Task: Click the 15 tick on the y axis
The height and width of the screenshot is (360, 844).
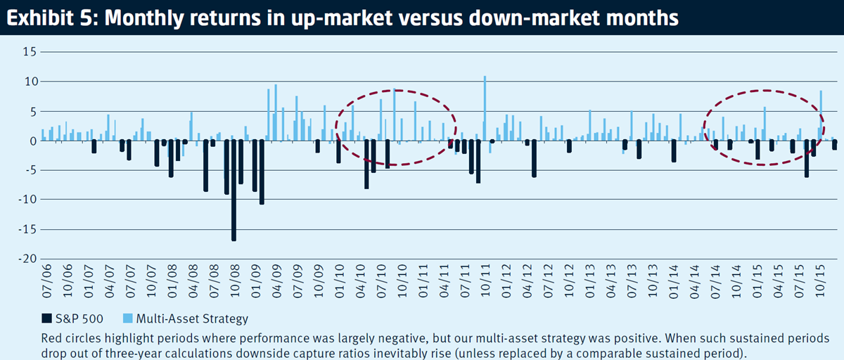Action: pyautogui.click(x=30, y=51)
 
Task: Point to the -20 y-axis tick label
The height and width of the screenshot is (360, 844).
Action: pyautogui.click(x=27, y=259)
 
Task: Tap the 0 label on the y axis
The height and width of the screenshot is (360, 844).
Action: pyautogui.click(x=33, y=141)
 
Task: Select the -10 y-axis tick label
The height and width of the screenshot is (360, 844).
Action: pyautogui.click(x=27, y=199)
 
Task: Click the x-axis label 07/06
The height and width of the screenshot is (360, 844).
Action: pyautogui.click(x=46, y=281)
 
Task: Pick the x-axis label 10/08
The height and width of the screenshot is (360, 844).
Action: pyautogui.click(x=235, y=281)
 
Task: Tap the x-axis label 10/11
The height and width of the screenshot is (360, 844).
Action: pyautogui.click(x=486, y=281)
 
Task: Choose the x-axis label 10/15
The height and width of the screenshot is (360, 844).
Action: pyautogui.click(x=821, y=281)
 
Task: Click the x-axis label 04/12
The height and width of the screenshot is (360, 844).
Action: pyautogui.click(x=528, y=281)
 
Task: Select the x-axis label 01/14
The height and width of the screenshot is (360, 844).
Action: pyautogui.click(x=674, y=281)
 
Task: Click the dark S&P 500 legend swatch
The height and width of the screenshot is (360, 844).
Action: pyautogui.click(x=46, y=319)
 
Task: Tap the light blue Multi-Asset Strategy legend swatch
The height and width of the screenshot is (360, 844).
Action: pyautogui.click(x=128, y=319)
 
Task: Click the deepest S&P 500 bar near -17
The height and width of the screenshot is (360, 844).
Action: pyautogui.click(x=234, y=190)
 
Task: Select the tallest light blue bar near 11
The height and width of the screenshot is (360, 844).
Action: pyautogui.click(x=485, y=108)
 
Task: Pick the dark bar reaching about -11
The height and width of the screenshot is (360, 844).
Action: pyautogui.click(x=262, y=172)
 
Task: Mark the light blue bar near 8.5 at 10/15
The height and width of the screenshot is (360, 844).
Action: pyautogui.click(x=821, y=115)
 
